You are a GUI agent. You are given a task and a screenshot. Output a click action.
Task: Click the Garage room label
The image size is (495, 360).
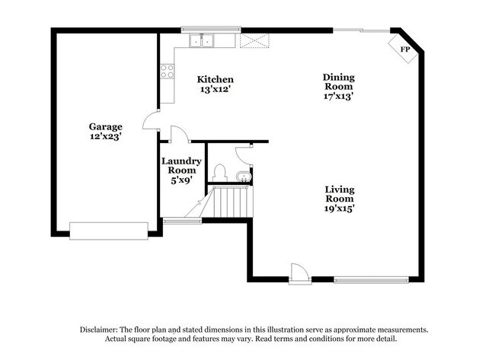[x=105, y=126]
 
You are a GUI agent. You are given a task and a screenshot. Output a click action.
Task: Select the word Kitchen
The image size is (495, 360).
[x=216, y=79]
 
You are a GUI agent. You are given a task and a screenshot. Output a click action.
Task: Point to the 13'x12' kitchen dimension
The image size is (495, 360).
[x=216, y=89]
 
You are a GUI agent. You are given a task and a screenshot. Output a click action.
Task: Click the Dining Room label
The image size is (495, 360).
[x=339, y=81]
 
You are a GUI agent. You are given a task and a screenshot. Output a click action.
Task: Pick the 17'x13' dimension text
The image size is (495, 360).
[x=339, y=96]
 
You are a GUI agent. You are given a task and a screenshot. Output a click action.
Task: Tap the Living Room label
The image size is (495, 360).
[x=340, y=194]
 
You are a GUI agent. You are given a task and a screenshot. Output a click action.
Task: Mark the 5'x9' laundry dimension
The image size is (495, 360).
[x=181, y=181]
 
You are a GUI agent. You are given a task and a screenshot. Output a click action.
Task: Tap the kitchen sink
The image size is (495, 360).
[x=205, y=40]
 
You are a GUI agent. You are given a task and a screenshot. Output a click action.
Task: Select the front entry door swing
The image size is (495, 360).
[x=299, y=272]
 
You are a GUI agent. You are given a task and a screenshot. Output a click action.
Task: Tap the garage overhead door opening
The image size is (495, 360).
[x=108, y=229]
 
